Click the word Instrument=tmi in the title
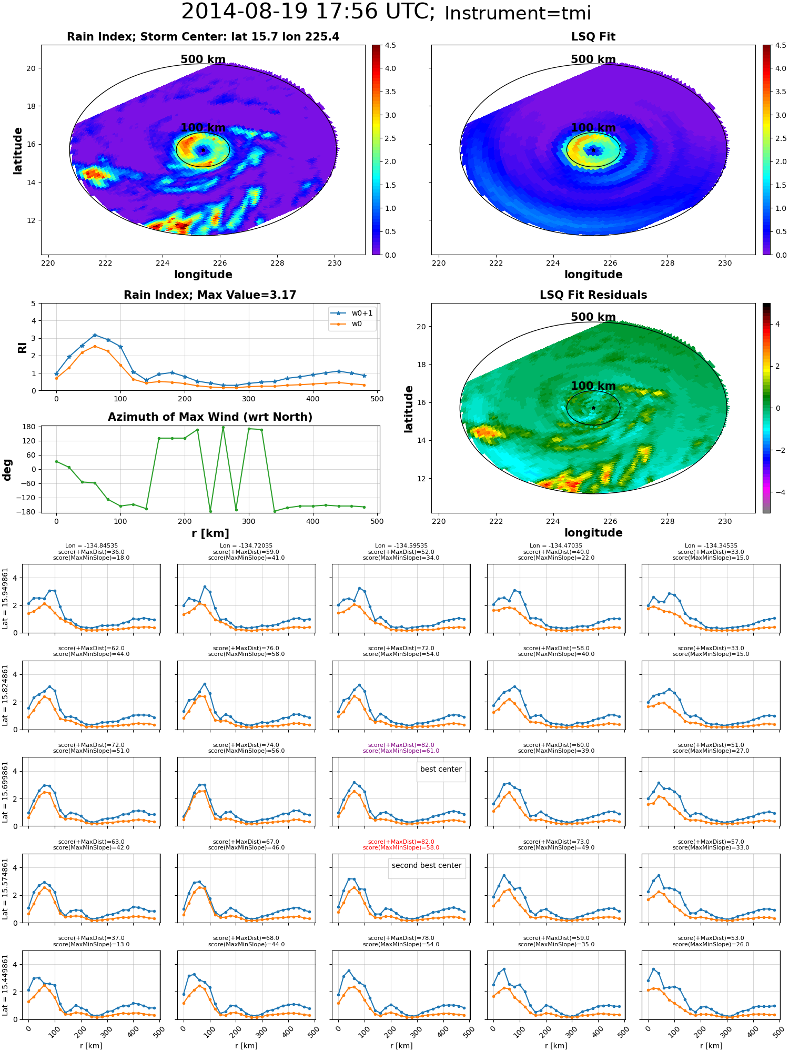click(518, 13)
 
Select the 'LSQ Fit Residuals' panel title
click(593, 295)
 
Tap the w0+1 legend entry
click(352, 313)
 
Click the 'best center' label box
click(441, 769)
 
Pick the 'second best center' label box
click(427, 865)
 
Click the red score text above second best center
click(401, 845)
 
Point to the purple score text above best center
click(401, 748)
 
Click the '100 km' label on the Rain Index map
click(203, 128)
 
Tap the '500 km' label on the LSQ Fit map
click(593, 59)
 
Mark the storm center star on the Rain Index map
click(203, 150)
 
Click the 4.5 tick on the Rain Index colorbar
click(390, 45)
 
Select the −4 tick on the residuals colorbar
click(777, 492)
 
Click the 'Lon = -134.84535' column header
click(91, 546)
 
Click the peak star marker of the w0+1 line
click(95, 335)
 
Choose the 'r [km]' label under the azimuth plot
click(210, 533)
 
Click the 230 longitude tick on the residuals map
click(725, 521)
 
